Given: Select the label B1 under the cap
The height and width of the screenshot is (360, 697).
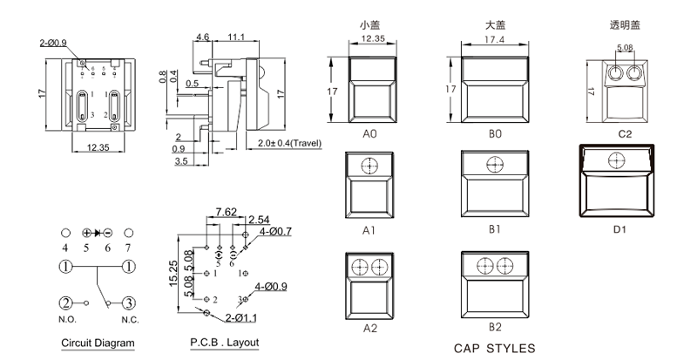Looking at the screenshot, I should (x=494, y=230).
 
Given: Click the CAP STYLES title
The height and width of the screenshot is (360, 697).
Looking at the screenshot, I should (x=495, y=348).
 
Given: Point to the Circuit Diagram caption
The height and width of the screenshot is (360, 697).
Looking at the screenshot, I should (x=98, y=343).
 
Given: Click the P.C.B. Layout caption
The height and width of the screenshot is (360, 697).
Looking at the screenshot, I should (x=224, y=343).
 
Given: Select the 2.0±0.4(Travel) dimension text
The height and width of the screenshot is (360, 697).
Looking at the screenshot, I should (x=289, y=143).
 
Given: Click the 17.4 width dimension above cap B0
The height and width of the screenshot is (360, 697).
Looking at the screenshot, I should (x=494, y=40).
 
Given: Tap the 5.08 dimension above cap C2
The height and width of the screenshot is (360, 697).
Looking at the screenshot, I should (x=625, y=48).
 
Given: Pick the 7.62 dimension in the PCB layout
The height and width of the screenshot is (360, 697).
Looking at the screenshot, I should (x=226, y=211).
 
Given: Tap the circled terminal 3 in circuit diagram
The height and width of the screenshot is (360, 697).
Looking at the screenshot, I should (x=128, y=302).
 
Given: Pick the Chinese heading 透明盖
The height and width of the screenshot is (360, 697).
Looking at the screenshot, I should (x=624, y=24).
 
